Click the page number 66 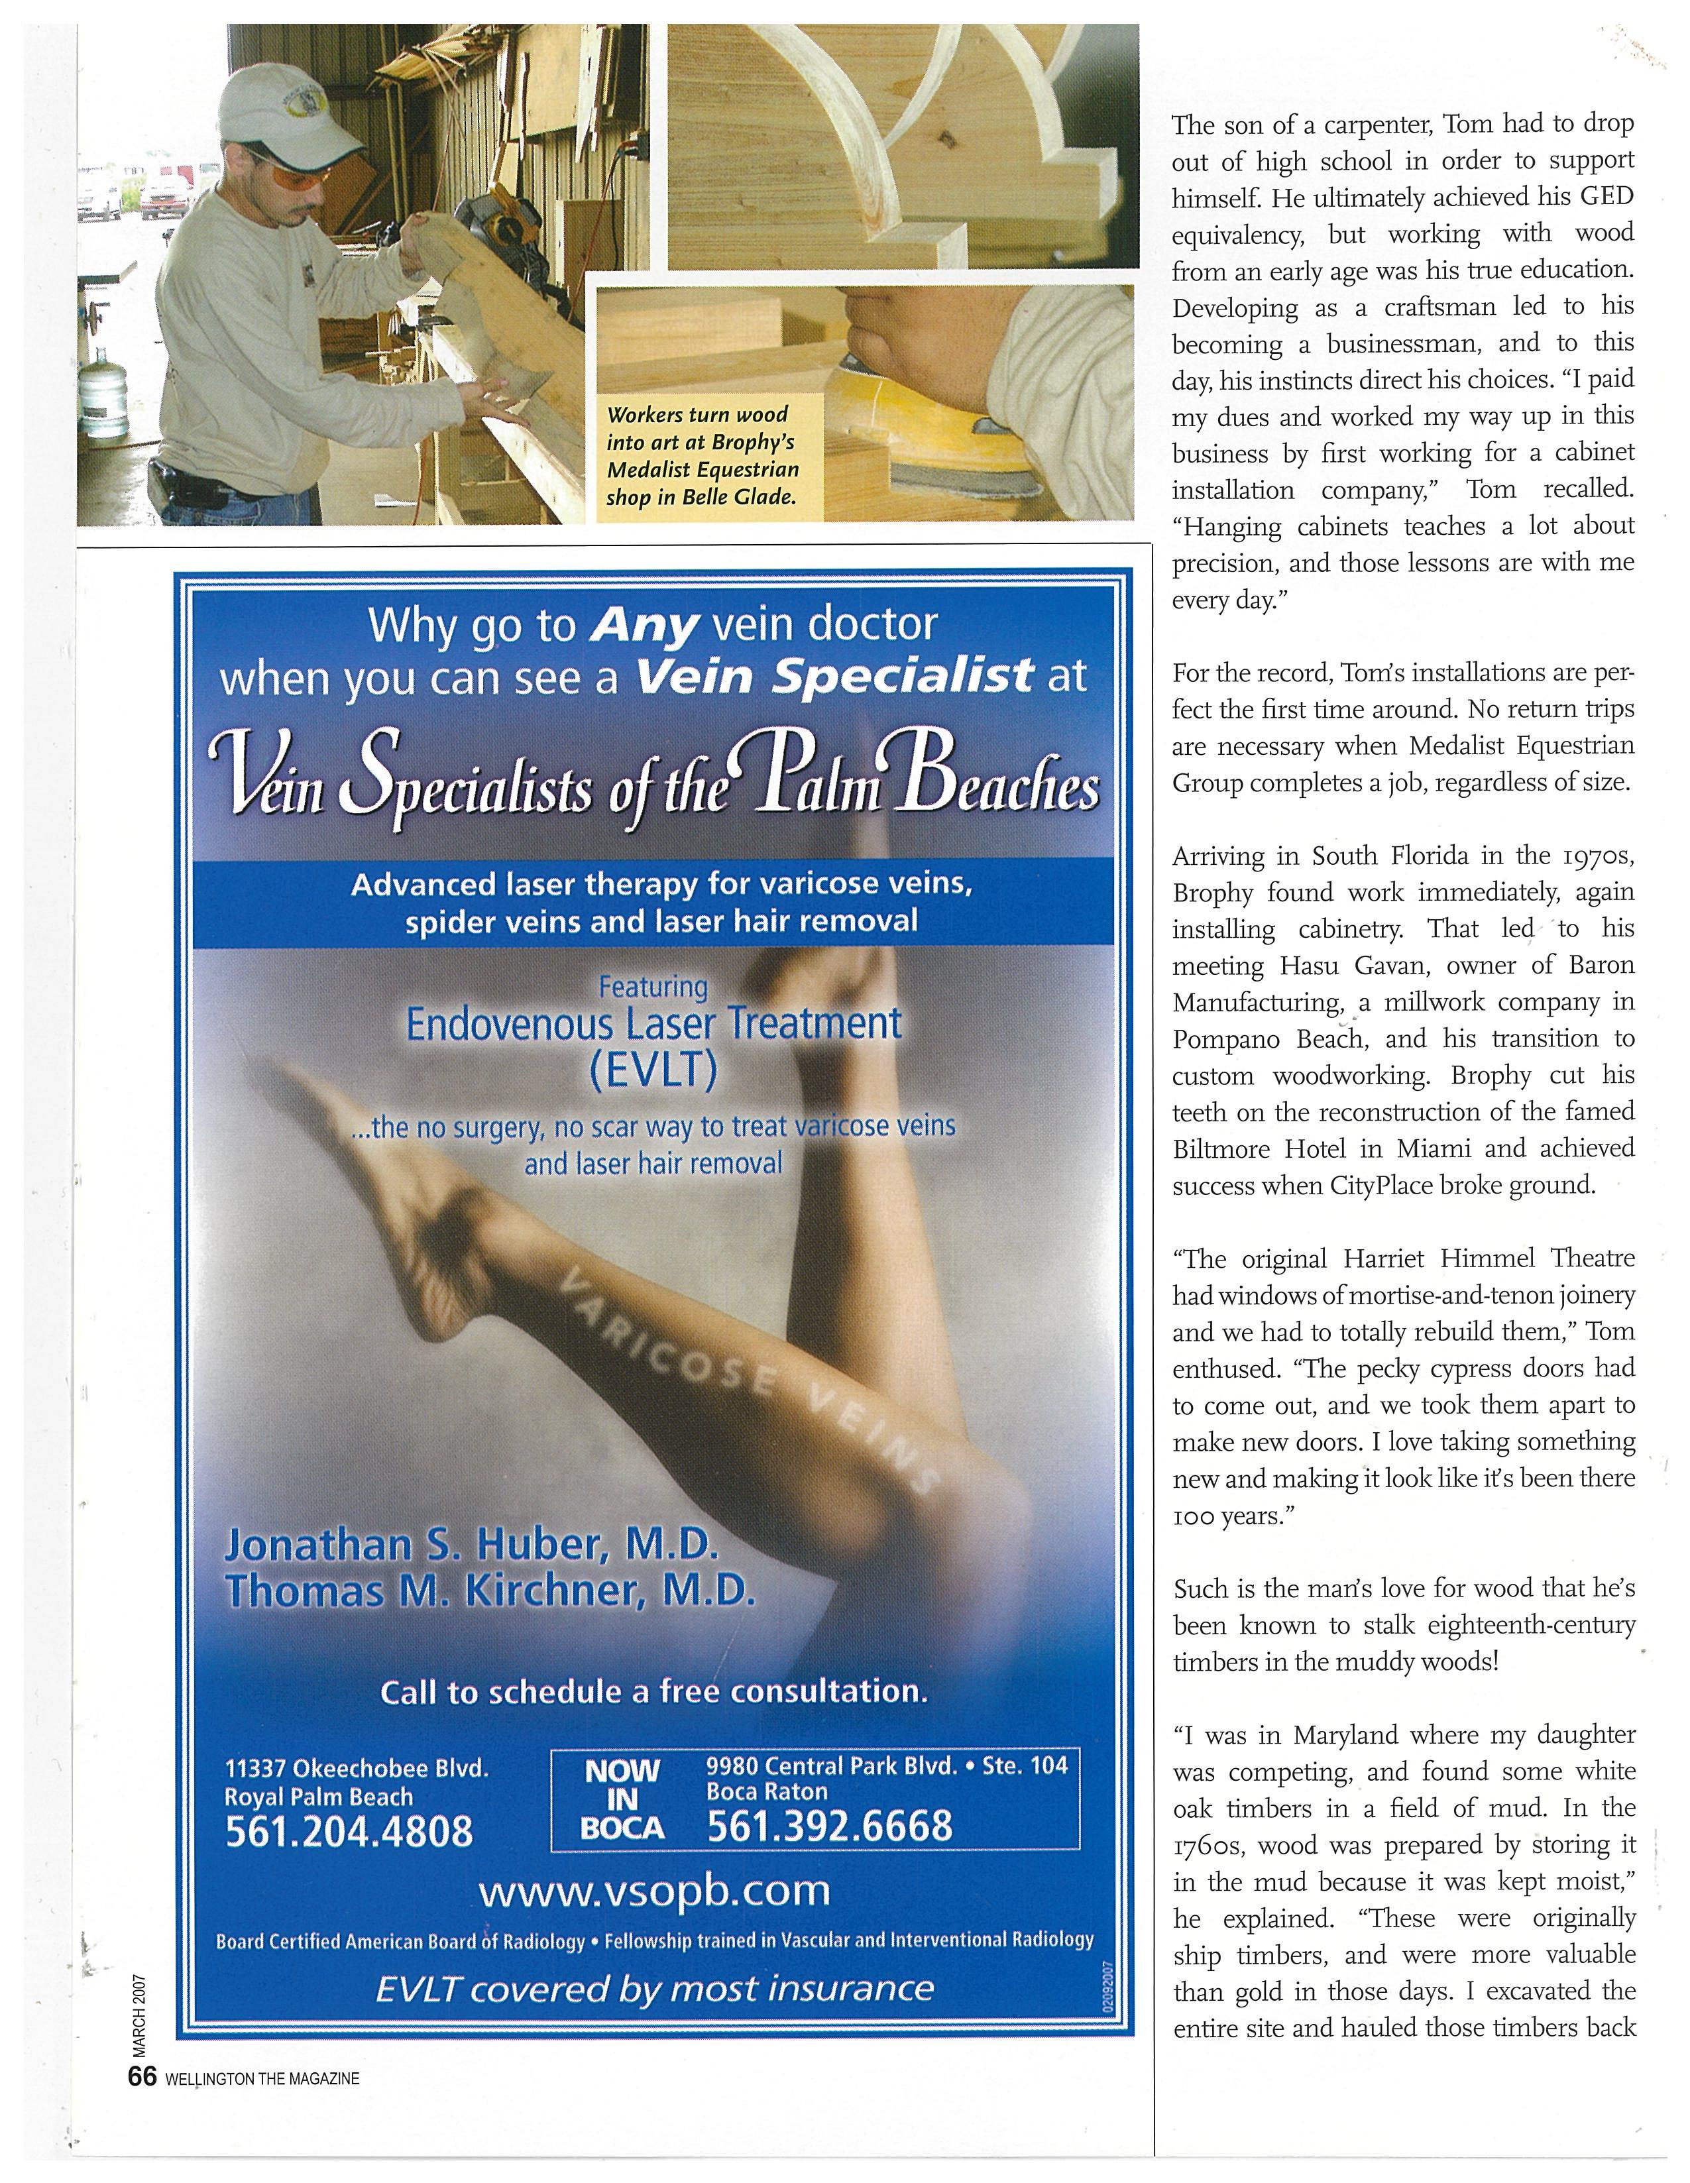coord(142,2077)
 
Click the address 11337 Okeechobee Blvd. coord(357,1767)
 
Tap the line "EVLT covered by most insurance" coord(655,1988)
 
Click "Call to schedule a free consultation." coord(655,1691)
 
